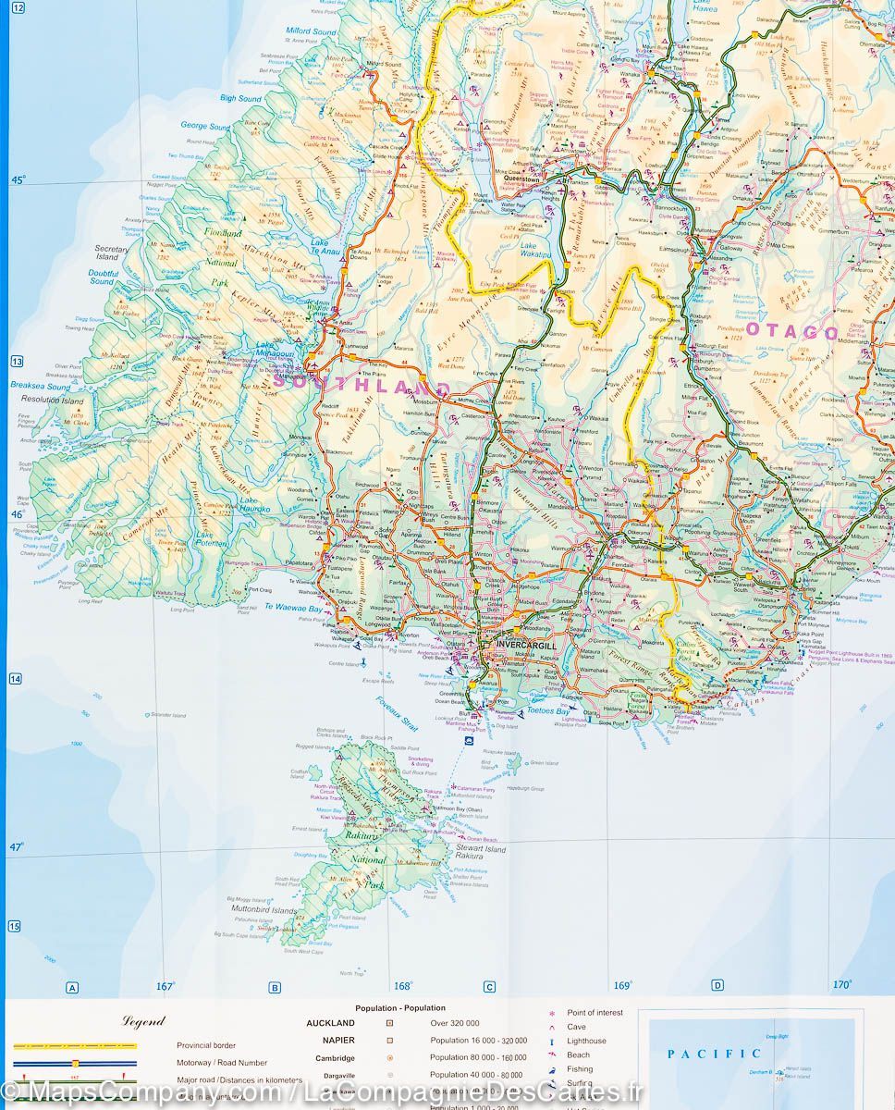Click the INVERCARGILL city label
(x=526, y=644)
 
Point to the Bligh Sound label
(x=240, y=98)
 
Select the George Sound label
(x=205, y=127)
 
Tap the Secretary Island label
(x=112, y=253)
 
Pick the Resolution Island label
(x=52, y=401)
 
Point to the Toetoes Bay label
(x=547, y=711)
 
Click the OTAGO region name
(x=792, y=332)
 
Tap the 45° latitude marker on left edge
(x=18, y=180)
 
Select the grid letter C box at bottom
(x=489, y=987)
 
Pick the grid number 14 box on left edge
(x=16, y=679)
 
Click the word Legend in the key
(x=143, y=1021)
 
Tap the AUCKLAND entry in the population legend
(x=330, y=1023)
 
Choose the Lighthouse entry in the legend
(x=586, y=1041)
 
